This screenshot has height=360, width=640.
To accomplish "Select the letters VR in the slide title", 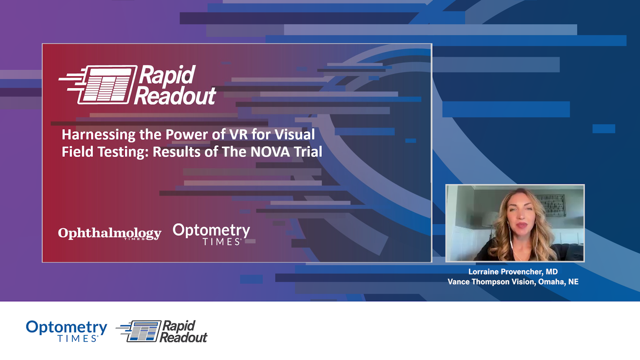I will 238,135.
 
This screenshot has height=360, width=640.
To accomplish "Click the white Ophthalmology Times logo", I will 109,233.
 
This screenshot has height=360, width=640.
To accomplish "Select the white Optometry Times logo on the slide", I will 211,234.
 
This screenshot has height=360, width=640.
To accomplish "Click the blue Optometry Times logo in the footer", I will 67,331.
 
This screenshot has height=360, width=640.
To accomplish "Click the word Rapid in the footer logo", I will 179,326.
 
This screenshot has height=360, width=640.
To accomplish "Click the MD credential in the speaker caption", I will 552,272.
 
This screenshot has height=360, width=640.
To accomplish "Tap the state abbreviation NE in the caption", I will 573,282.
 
